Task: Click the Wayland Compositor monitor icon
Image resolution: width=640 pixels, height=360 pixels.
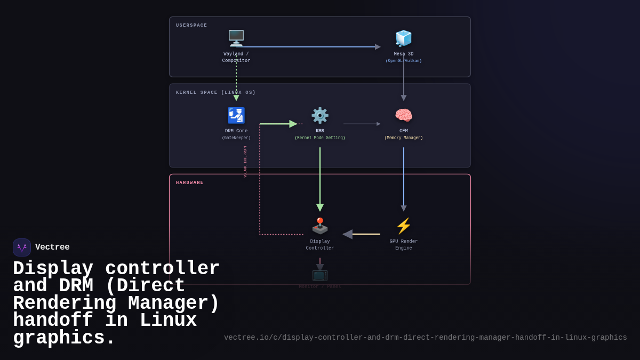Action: pos(236,38)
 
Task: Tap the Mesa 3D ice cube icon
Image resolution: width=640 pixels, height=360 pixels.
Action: pos(404,38)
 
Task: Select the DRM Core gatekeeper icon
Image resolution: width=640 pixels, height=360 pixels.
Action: pos(236,116)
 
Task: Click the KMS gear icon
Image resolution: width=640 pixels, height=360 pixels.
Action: pos(320,116)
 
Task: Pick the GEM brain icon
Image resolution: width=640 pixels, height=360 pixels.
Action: pos(404,116)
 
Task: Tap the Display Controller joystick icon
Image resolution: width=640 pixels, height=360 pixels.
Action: pos(320,226)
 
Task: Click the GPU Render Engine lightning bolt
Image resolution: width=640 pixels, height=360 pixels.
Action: pos(404,226)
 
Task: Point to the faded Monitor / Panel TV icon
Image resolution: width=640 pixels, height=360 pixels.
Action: pos(320,275)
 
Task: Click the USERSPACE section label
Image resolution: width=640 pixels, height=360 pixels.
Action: pos(191,26)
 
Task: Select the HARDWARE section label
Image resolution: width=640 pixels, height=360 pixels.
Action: pos(190,183)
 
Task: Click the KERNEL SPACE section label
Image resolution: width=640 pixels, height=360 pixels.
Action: pos(215,93)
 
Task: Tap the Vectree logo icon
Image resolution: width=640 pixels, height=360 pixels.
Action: pos(22,247)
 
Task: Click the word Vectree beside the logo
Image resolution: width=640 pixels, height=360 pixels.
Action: pos(52,247)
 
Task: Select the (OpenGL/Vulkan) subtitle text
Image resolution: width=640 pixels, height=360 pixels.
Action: pos(404,61)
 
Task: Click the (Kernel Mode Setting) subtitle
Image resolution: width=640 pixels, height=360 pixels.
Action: pos(320,138)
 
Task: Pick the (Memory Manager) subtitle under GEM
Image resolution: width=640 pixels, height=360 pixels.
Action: pos(404,138)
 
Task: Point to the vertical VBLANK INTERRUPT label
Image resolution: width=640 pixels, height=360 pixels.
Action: pos(245,162)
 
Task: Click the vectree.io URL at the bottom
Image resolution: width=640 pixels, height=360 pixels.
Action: pos(425,338)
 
